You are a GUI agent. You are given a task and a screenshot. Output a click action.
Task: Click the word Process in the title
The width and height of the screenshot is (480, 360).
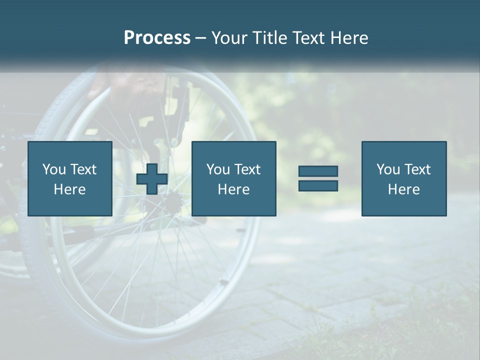click(x=157, y=38)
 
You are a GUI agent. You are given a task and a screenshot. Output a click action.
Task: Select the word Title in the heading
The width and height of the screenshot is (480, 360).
click(x=270, y=38)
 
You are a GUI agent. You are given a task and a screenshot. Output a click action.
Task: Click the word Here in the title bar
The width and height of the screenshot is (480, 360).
click(x=350, y=38)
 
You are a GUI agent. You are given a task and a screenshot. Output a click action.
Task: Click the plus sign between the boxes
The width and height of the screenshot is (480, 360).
click(x=152, y=178)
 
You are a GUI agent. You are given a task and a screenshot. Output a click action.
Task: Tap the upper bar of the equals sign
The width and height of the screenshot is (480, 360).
click(x=318, y=171)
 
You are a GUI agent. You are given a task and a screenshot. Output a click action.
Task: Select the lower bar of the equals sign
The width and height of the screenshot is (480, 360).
click(x=318, y=185)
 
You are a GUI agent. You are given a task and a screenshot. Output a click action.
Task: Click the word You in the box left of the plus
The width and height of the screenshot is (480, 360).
click(x=54, y=169)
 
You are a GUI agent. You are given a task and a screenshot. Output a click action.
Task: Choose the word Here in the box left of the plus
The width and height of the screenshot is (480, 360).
click(x=69, y=189)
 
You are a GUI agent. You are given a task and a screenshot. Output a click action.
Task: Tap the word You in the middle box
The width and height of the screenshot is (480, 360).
click(x=218, y=169)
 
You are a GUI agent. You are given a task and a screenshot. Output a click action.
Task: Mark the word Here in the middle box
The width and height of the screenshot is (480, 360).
click(x=233, y=189)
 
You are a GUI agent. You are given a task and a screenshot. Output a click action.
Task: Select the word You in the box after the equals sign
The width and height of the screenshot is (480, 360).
click(x=388, y=169)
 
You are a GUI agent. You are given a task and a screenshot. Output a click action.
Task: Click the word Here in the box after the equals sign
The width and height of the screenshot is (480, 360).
click(x=403, y=189)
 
